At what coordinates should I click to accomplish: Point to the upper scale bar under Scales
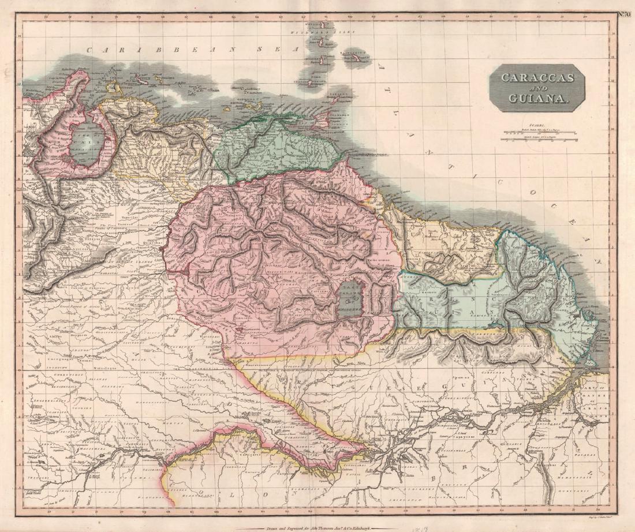(x=538, y=132)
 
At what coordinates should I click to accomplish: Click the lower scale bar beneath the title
(x=538, y=139)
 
